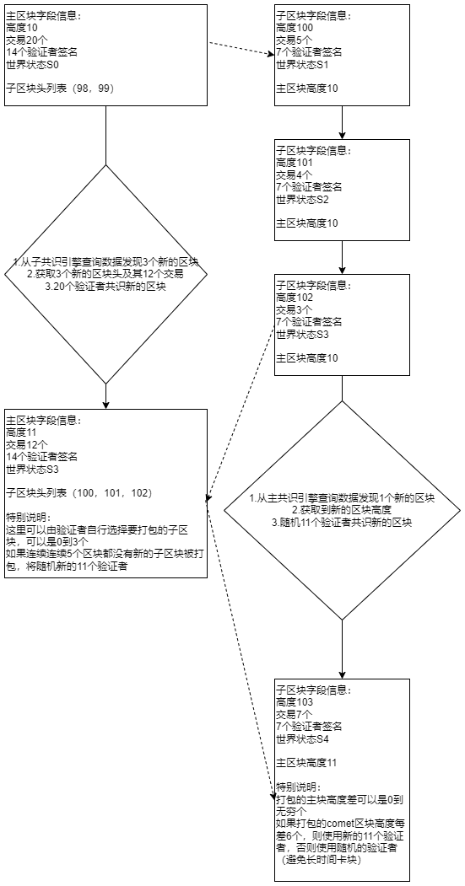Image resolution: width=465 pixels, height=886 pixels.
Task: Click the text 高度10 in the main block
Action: coord(23,28)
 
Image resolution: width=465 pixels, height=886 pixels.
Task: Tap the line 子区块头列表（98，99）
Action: coord(60,88)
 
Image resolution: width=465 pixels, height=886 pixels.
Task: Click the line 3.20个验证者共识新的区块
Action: coord(106,286)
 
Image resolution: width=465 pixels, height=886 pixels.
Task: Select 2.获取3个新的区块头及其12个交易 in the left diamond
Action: coord(106,274)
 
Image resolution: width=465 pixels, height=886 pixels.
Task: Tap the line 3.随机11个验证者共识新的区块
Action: coord(342,523)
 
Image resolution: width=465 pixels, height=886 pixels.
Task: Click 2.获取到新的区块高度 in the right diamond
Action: coord(342,511)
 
